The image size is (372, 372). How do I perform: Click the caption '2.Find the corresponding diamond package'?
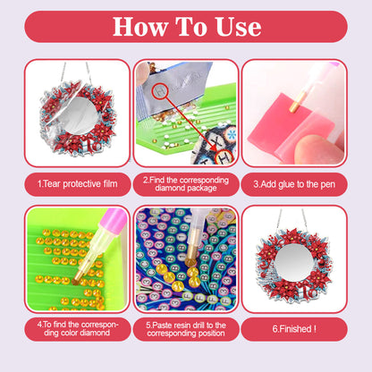click(186, 183)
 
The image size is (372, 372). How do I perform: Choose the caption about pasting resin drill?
click(186, 330)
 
